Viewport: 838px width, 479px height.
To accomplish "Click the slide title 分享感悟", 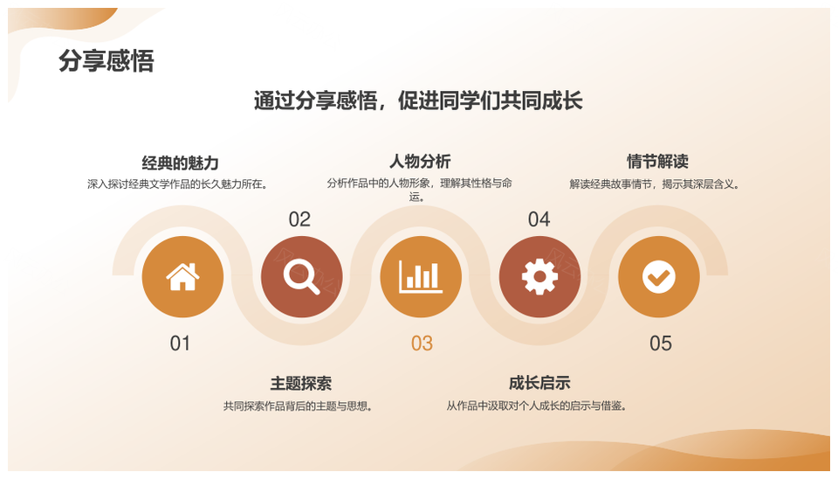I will (x=106, y=61).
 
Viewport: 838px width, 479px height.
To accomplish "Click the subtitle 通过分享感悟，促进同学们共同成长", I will (x=418, y=101).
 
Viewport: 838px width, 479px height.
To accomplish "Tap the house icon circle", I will (x=182, y=277).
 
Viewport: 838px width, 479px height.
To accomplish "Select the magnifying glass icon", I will (x=301, y=277).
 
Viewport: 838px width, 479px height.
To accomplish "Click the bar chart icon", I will (x=421, y=277).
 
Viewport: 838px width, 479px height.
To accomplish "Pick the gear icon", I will (x=539, y=277).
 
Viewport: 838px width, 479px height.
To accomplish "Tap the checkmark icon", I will (x=658, y=277).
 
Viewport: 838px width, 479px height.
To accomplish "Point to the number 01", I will (x=180, y=344).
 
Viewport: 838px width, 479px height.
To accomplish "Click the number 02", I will (x=299, y=219).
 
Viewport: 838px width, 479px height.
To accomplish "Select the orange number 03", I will (x=422, y=344).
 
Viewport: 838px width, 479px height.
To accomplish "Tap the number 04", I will (x=539, y=219).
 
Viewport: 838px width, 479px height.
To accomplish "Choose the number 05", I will (x=661, y=344).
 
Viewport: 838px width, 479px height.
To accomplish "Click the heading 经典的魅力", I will (x=181, y=163).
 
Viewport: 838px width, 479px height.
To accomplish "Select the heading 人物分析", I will (x=420, y=162).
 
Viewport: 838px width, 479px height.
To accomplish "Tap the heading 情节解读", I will (x=657, y=162).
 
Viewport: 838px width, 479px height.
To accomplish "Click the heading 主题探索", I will (x=300, y=384).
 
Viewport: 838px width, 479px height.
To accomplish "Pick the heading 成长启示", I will (x=539, y=383).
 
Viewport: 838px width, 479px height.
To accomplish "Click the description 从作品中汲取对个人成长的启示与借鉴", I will (x=538, y=406).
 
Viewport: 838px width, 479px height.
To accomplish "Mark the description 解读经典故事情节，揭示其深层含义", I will (x=655, y=184).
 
